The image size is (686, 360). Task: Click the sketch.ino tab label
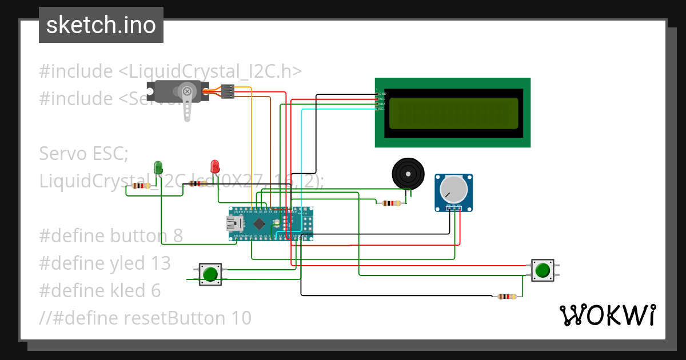point(101,25)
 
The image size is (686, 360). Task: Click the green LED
point(158,167)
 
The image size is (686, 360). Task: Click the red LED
point(215,166)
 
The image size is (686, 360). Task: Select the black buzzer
point(408,173)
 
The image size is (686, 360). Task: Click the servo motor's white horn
point(186,101)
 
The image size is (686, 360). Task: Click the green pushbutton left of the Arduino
point(210,274)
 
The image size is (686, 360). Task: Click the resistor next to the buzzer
point(391,203)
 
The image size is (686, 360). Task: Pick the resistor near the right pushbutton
point(506,296)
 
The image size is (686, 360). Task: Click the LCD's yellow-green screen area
point(453,113)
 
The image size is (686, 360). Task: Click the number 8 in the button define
point(177,235)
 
